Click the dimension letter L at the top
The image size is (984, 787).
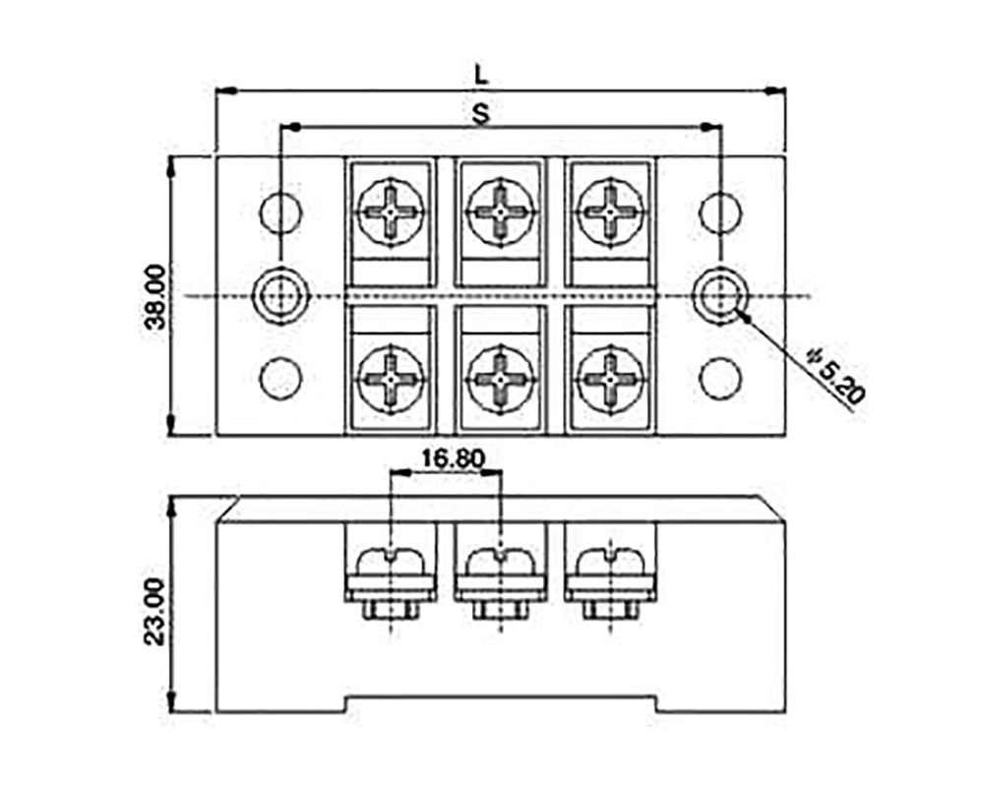coord(481,75)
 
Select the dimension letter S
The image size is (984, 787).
coord(481,112)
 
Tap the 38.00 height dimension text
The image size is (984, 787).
coord(152,296)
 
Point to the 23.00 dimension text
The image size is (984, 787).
coord(152,610)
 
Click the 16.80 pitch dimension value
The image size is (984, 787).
coord(446,457)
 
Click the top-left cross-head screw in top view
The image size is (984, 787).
coord(391,211)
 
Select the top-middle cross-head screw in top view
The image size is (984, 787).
coord(501,211)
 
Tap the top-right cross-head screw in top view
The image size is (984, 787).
coord(611,211)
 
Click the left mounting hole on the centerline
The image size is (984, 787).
coord(280,294)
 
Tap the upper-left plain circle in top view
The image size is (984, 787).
coord(280,212)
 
